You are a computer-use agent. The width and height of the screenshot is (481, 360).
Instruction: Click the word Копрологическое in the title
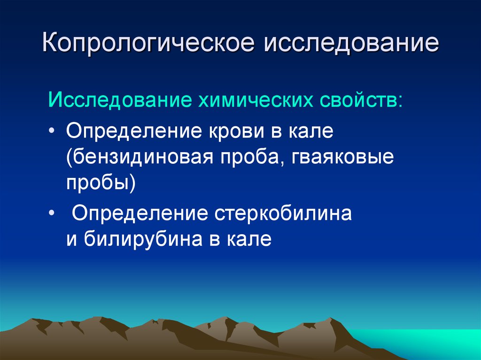pyautogui.click(x=148, y=43)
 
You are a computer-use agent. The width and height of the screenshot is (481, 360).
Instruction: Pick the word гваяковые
pyautogui.click(x=342, y=158)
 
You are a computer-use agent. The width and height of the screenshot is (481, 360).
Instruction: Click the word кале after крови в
pyautogui.click(x=310, y=131)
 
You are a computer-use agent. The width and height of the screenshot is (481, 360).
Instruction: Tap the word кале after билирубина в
pyautogui.click(x=249, y=238)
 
